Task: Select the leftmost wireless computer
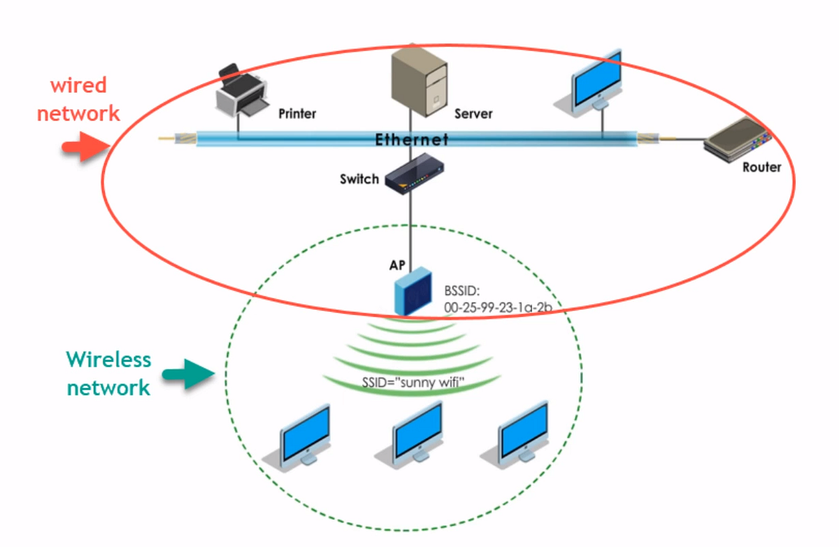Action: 302,435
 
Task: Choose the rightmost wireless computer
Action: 522,432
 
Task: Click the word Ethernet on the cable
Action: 412,140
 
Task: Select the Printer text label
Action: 297,113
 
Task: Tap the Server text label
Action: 473,113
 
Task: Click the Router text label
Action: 761,167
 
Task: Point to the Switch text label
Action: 359,179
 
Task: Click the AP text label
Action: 398,266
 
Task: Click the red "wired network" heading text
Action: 78,99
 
